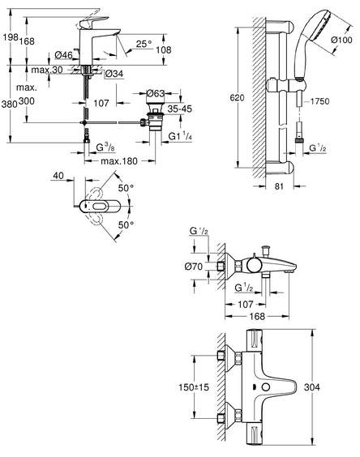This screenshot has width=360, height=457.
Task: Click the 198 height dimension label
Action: pos(11,37)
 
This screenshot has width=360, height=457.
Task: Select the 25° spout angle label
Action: pos(144,44)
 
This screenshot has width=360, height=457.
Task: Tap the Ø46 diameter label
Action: pos(63,55)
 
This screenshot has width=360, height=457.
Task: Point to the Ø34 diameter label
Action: pos(114,74)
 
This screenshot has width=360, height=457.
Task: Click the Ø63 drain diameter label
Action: pos(156,93)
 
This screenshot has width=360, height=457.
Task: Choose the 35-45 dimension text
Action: pos(180,109)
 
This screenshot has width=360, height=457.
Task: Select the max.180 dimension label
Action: pos(119,161)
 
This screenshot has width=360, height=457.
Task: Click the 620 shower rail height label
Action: pos(237,97)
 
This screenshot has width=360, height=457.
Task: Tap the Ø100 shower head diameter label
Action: pos(341,40)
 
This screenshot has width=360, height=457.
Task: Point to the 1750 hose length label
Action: pos(319,101)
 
